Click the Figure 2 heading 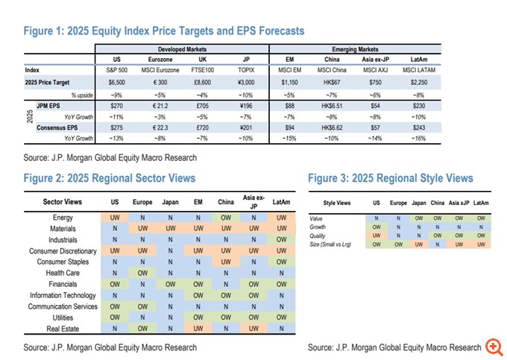click(x=109, y=177)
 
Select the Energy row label click(x=84, y=217)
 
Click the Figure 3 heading click(x=390, y=177)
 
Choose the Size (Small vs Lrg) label click(x=335, y=244)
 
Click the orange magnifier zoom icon click(x=494, y=347)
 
